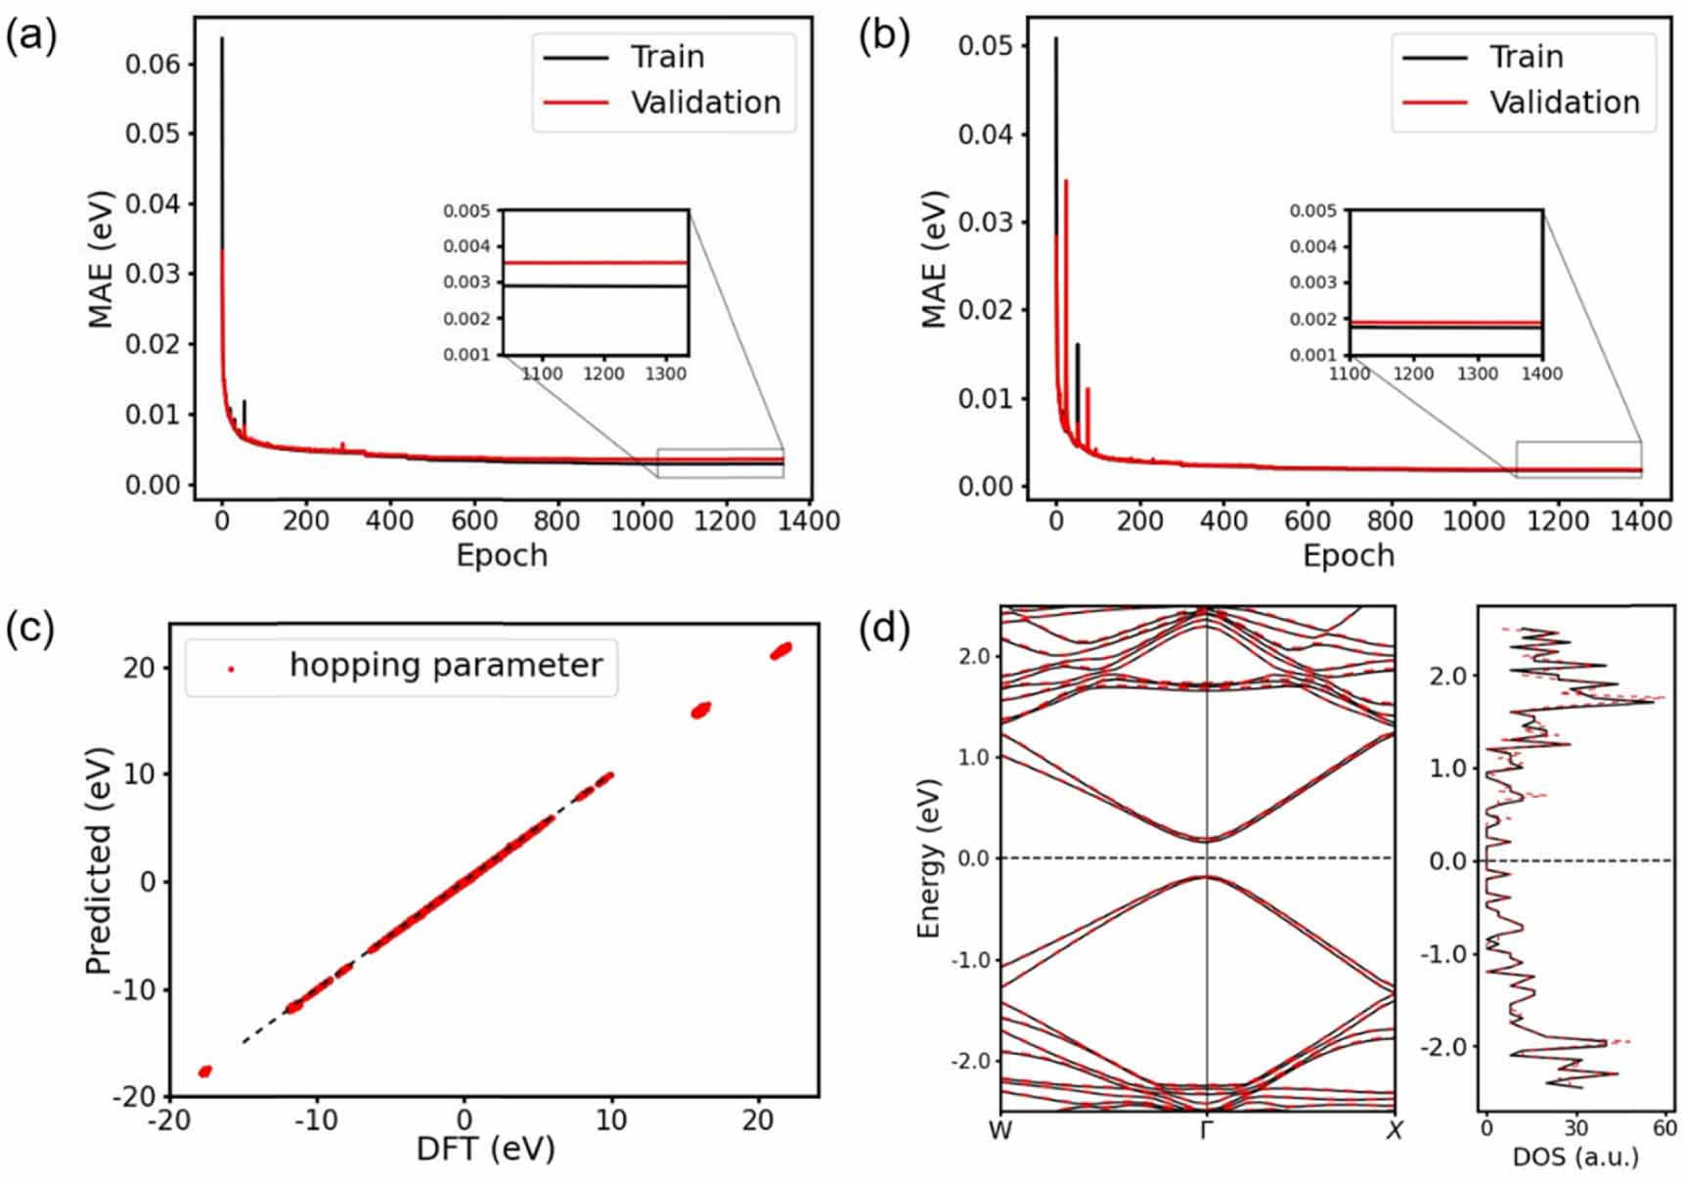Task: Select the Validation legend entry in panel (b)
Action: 1564,103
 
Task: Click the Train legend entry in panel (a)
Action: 667,57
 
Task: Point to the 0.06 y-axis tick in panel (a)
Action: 154,65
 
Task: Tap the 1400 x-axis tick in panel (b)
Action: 1640,520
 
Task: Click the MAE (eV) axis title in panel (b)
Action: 935,259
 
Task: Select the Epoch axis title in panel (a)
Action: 502,555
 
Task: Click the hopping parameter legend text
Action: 446,665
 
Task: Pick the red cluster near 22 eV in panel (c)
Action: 781,650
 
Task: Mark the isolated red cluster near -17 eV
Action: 205,1072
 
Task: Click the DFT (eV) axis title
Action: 485,1147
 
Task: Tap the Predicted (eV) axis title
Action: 99,860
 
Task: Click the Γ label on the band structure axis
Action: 1207,1130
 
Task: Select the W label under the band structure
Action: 999,1130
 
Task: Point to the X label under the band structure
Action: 1395,1130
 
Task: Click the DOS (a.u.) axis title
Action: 1575,1158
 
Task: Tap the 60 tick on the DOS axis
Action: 1665,1127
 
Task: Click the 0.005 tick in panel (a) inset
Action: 466,211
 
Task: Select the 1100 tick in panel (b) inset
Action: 1350,373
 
